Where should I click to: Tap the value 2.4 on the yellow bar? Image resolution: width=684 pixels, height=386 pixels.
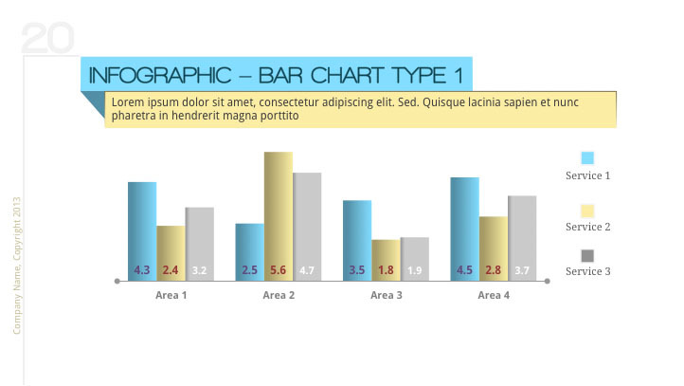click(x=171, y=270)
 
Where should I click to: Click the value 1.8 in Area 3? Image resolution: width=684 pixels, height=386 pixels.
click(x=386, y=270)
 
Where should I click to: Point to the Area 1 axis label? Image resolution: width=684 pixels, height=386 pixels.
click(x=171, y=296)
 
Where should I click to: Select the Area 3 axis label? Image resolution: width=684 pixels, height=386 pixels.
click(x=386, y=296)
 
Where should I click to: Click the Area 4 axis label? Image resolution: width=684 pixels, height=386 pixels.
click(x=494, y=296)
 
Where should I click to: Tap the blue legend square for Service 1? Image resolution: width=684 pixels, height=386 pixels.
click(x=587, y=158)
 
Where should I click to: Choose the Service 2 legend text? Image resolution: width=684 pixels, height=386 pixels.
click(x=587, y=228)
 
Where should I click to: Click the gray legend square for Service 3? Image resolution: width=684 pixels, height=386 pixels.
click(x=587, y=255)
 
